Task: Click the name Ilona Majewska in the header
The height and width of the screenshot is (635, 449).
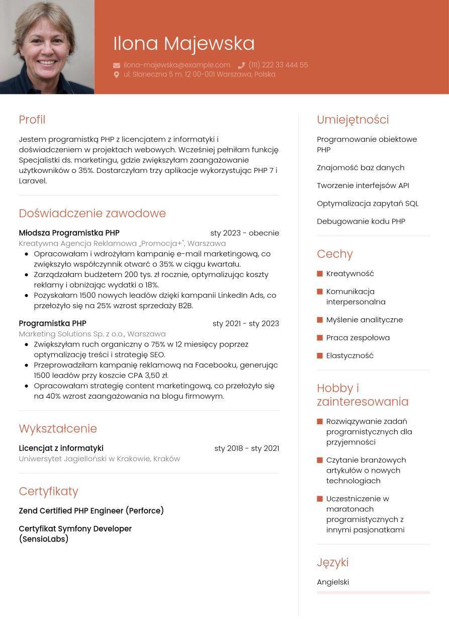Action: (184, 43)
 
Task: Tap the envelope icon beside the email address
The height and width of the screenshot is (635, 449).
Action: (117, 65)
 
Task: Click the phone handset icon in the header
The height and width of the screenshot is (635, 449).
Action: (241, 65)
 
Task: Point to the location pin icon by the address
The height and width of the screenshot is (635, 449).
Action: (117, 74)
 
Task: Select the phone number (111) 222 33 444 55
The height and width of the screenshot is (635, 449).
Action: (278, 65)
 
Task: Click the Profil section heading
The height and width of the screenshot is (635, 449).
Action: (32, 120)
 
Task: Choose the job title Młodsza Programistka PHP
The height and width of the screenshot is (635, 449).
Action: (69, 233)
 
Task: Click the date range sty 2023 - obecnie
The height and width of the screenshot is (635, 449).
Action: (244, 233)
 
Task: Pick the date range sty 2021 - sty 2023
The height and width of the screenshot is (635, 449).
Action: (245, 323)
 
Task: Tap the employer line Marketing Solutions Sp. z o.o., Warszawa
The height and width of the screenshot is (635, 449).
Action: (92, 334)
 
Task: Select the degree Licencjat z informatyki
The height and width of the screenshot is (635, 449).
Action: (61, 448)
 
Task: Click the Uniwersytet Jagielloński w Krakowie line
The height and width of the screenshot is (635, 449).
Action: (99, 459)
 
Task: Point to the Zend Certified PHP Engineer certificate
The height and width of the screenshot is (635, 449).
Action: (91, 511)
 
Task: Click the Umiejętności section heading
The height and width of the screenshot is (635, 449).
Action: (352, 120)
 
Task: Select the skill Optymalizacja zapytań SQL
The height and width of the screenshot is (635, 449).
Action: (368, 203)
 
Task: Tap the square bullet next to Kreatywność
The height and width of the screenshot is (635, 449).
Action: (320, 274)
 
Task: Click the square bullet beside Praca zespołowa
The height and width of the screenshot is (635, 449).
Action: (320, 338)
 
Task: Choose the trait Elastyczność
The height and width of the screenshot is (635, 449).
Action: (350, 355)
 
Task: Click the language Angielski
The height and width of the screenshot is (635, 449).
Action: (333, 582)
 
